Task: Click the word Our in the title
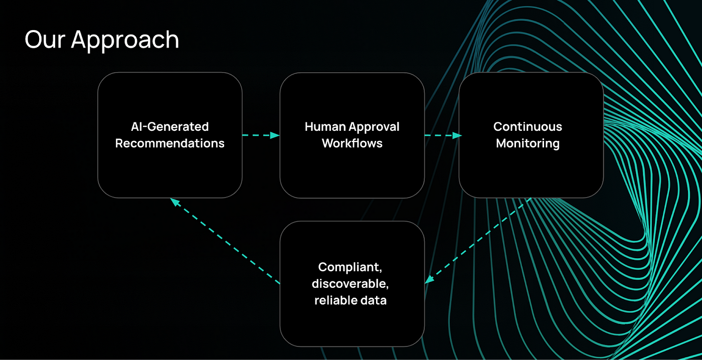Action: [45, 40]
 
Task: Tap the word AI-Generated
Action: [170, 126]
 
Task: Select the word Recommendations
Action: [170, 143]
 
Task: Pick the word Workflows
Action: [352, 143]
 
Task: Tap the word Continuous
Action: [528, 126]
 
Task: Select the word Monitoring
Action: [528, 144]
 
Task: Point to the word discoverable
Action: [350, 284]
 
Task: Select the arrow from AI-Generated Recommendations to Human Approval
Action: [261, 135]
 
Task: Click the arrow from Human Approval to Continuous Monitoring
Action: [443, 135]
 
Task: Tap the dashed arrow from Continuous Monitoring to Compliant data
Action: [478, 241]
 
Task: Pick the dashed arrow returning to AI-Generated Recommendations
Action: [225, 241]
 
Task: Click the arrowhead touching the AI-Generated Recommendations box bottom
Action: [175, 202]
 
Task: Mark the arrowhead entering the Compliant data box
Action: [429, 279]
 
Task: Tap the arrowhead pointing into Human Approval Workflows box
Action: [275, 135]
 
